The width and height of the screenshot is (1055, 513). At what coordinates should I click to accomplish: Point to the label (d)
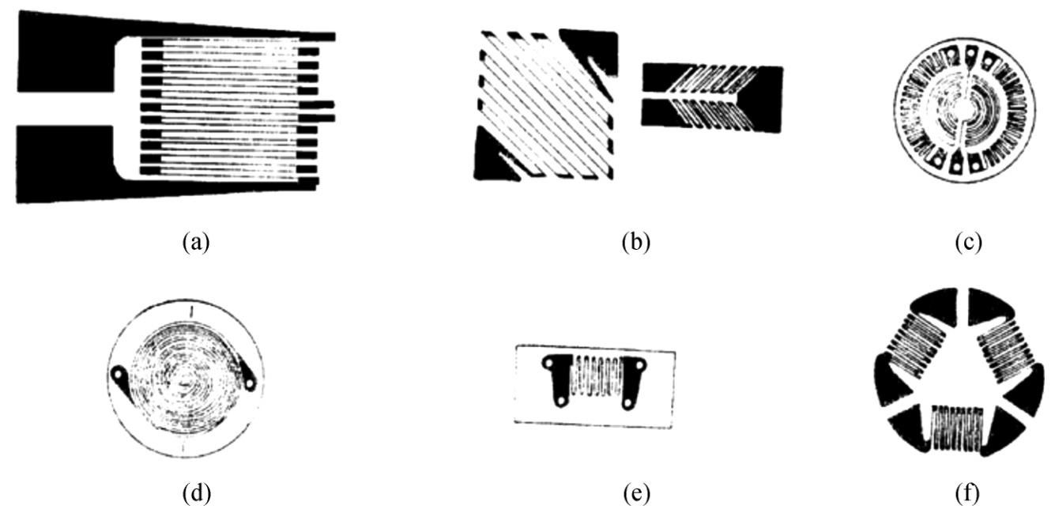195,496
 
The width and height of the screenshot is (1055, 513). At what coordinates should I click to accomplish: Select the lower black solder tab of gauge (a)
63,166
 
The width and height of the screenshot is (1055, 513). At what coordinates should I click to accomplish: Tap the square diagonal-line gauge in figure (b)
545,107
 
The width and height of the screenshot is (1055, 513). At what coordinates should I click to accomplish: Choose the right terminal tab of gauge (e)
633,379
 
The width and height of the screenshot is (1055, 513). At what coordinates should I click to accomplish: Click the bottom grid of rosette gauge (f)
953,428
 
